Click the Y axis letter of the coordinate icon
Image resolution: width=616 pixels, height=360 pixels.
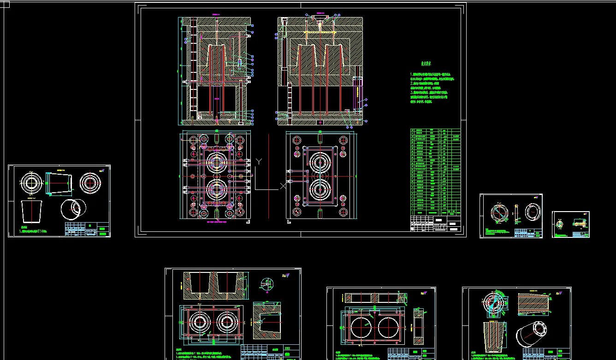pos(259,161)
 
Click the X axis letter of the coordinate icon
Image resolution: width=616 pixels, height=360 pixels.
pos(282,186)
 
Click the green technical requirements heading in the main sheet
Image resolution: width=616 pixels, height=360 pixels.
pos(426,64)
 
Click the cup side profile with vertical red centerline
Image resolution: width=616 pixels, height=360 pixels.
pos(31,212)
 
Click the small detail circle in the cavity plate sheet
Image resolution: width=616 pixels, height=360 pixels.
pos(266,284)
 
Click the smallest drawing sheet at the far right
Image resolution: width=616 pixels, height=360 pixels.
pos(571,224)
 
